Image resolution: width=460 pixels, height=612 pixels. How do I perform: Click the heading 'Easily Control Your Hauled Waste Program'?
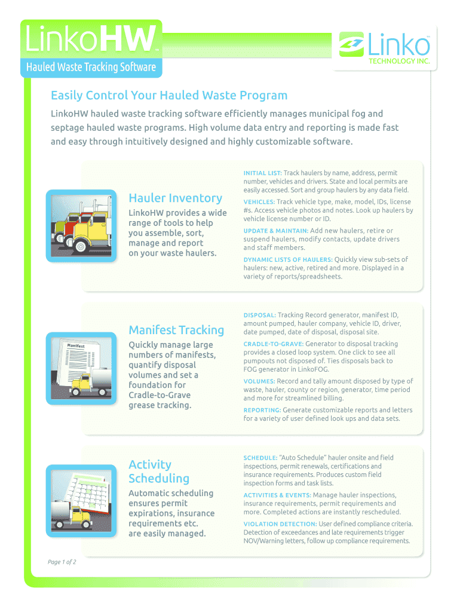[x=169, y=96]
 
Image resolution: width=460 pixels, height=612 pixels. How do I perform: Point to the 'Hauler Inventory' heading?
[x=175, y=198]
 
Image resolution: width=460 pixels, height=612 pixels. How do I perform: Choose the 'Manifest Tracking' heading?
[x=176, y=330]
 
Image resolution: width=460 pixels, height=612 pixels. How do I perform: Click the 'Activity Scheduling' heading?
[x=159, y=471]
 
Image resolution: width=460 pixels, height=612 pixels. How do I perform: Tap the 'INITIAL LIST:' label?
[x=263, y=173]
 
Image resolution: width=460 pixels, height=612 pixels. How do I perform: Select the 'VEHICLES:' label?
[x=259, y=202]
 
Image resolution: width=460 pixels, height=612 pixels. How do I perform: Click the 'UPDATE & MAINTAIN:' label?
[x=275, y=231]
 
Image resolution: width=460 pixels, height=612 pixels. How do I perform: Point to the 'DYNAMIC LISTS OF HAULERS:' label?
[x=288, y=259]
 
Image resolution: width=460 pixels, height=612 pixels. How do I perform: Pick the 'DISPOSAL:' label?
[x=259, y=315]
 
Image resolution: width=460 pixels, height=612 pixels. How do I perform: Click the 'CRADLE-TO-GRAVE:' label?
[x=274, y=344]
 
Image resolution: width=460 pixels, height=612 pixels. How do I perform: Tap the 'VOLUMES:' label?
[x=259, y=381]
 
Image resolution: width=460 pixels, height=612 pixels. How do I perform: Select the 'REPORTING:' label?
[x=262, y=410]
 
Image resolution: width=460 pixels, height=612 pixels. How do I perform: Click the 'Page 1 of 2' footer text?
[x=62, y=562]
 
